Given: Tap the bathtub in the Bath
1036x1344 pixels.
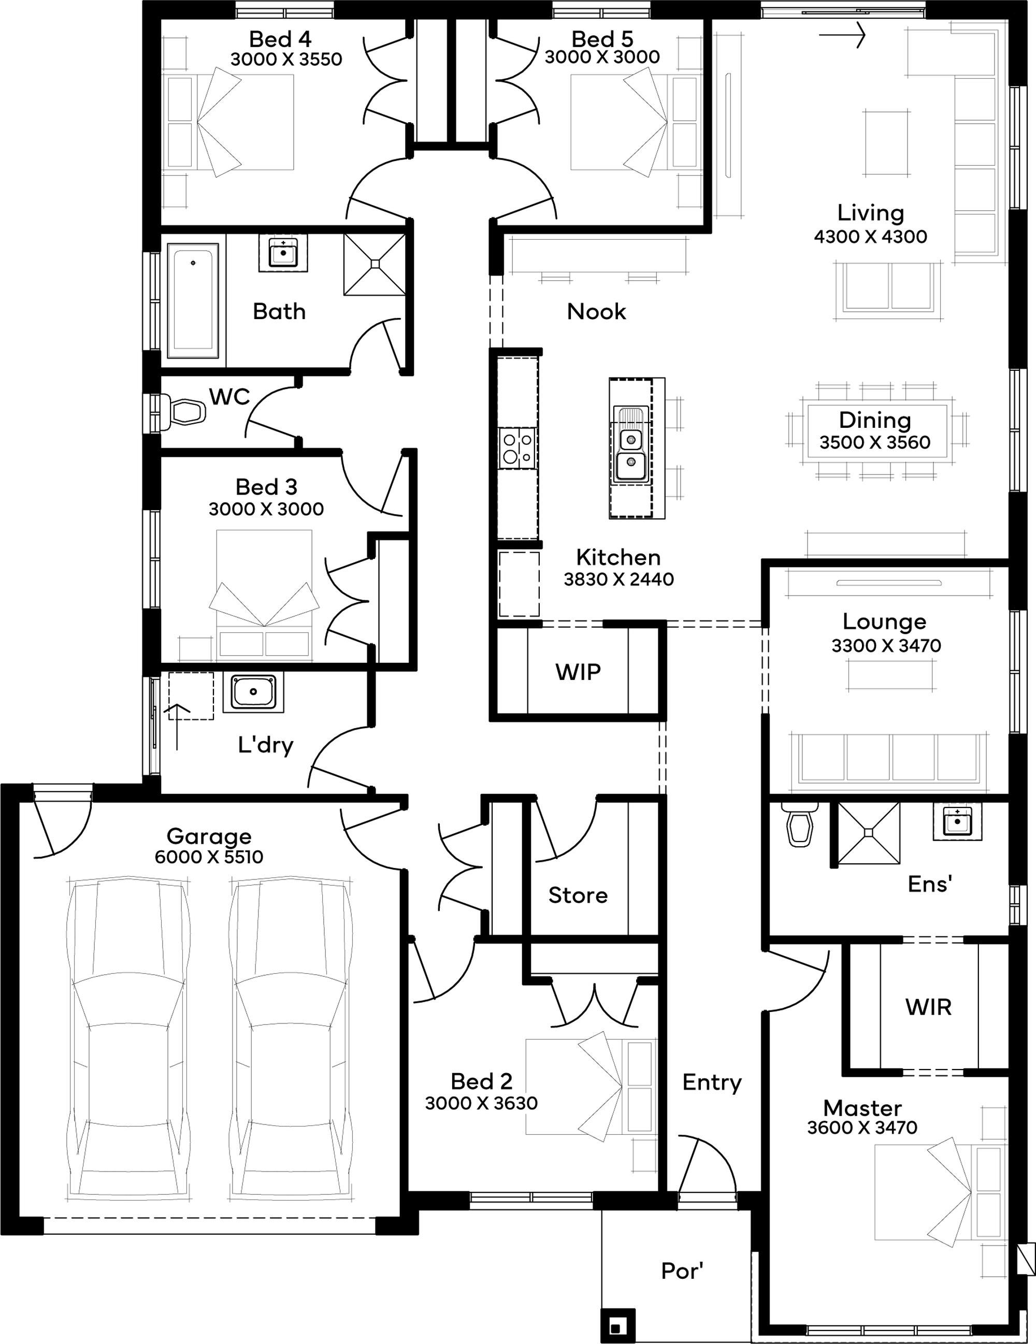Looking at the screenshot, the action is (193, 301).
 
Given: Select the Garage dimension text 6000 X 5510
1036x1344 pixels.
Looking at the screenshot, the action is (209, 857).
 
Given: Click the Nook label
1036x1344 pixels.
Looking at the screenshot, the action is (596, 311).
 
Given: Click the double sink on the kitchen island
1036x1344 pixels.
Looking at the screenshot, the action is (630, 447).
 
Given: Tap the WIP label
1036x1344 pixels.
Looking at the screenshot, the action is (578, 672).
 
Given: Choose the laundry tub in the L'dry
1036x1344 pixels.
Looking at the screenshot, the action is (254, 692).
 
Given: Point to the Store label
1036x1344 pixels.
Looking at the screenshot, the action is (578, 895).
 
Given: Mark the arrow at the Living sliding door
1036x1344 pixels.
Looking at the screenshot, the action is (842, 35).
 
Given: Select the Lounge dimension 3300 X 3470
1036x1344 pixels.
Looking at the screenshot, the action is (886, 645).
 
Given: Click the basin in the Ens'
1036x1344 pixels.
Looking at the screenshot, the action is (957, 820).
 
